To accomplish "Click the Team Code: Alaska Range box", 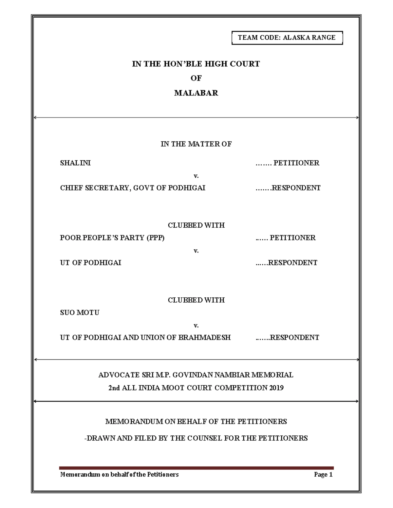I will coord(287,38).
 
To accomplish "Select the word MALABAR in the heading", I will coord(196,93).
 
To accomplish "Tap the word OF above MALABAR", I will coord(196,78).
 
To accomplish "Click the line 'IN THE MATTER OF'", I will coord(196,144).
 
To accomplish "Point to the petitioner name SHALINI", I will coord(75,163).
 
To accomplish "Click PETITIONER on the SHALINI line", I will coord(296,163).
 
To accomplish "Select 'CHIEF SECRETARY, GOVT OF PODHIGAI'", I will coord(133,188).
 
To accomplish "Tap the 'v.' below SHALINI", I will coord(196,176).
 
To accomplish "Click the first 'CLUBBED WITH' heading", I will coord(196,225).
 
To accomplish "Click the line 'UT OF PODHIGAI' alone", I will coord(90,263).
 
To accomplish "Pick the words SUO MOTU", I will coord(80,312).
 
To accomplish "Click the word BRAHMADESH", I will coord(204,337).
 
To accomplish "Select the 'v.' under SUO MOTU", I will coord(196,325).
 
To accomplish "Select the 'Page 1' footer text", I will coord(323,474).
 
